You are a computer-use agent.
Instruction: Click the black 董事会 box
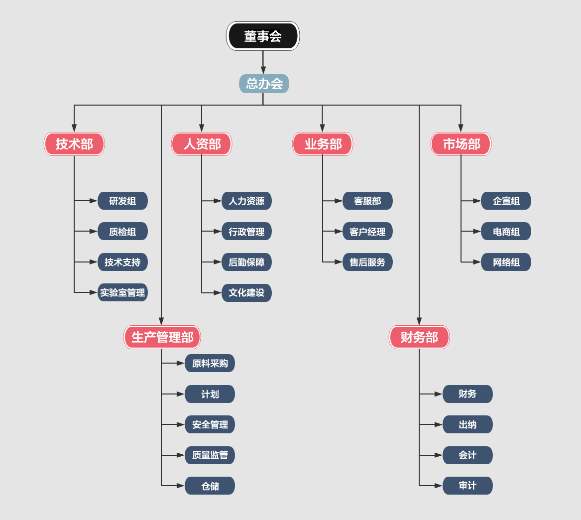[x=263, y=36]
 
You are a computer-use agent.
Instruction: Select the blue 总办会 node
[x=264, y=84]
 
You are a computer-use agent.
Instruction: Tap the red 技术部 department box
[x=74, y=144]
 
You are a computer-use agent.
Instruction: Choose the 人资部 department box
[x=202, y=144]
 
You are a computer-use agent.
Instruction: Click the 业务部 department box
[x=323, y=144]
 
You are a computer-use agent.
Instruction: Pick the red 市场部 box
[x=461, y=144]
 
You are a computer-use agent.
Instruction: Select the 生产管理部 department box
[x=162, y=337]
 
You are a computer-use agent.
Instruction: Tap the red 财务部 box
[x=419, y=337]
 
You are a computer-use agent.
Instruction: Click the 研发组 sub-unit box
[x=122, y=201]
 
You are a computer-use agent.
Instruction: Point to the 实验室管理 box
[x=122, y=292]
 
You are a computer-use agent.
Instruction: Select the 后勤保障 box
[x=246, y=262]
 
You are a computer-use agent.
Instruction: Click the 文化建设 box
[x=246, y=293]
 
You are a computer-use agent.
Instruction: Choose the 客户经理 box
[x=367, y=231]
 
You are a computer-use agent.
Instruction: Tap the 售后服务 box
[x=367, y=262]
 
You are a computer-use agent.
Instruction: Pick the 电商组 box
[x=506, y=231]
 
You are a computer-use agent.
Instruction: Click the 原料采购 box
[x=210, y=363]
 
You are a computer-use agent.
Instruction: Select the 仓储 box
[x=210, y=486]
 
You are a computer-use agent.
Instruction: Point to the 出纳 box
[x=467, y=424]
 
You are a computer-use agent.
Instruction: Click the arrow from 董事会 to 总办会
[x=263, y=62]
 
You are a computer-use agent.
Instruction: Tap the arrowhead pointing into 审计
[x=438, y=486]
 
